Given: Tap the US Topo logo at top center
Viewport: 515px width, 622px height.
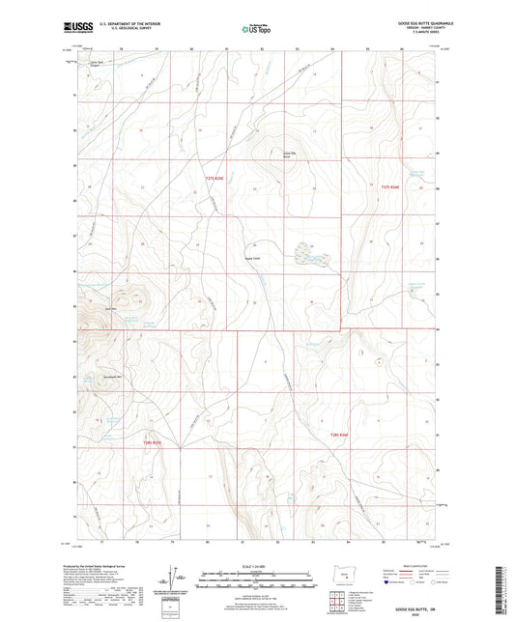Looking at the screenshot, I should (x=254, y=29).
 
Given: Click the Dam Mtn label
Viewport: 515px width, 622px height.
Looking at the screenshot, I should (x=110, y=308).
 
